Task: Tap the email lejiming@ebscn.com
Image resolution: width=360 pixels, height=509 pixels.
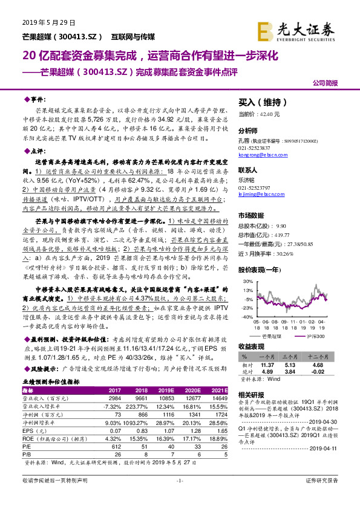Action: [x=261, y=194]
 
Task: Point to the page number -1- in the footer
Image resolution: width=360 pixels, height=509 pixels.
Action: [x=179, y=497]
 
